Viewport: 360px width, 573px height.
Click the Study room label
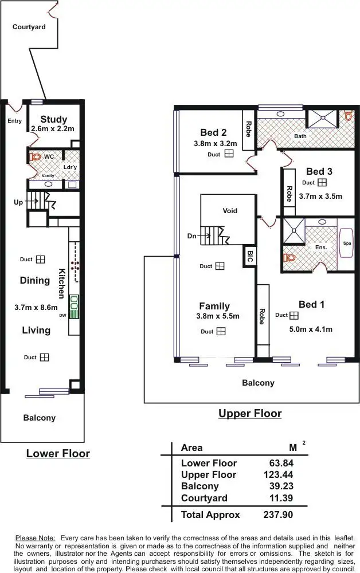point(54,119)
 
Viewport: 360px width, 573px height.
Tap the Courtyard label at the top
point(29,26)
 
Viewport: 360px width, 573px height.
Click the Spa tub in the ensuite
point(347,244)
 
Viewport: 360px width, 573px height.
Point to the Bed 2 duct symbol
point(229,154)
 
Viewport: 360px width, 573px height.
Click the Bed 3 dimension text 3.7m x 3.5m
point(320,196)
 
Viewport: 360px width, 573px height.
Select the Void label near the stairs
point(230,210)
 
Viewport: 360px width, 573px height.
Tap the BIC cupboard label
point(249,256)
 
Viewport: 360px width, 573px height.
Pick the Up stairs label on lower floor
point(18,202)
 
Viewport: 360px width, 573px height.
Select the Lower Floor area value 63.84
point(281,463)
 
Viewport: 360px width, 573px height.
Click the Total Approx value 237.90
point(278,515)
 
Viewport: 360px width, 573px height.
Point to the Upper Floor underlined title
point(250,413)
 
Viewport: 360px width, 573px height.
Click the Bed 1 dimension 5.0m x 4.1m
point(311,329)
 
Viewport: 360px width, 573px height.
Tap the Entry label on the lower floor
point(15,121)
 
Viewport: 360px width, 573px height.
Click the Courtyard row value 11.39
point(281,498)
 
